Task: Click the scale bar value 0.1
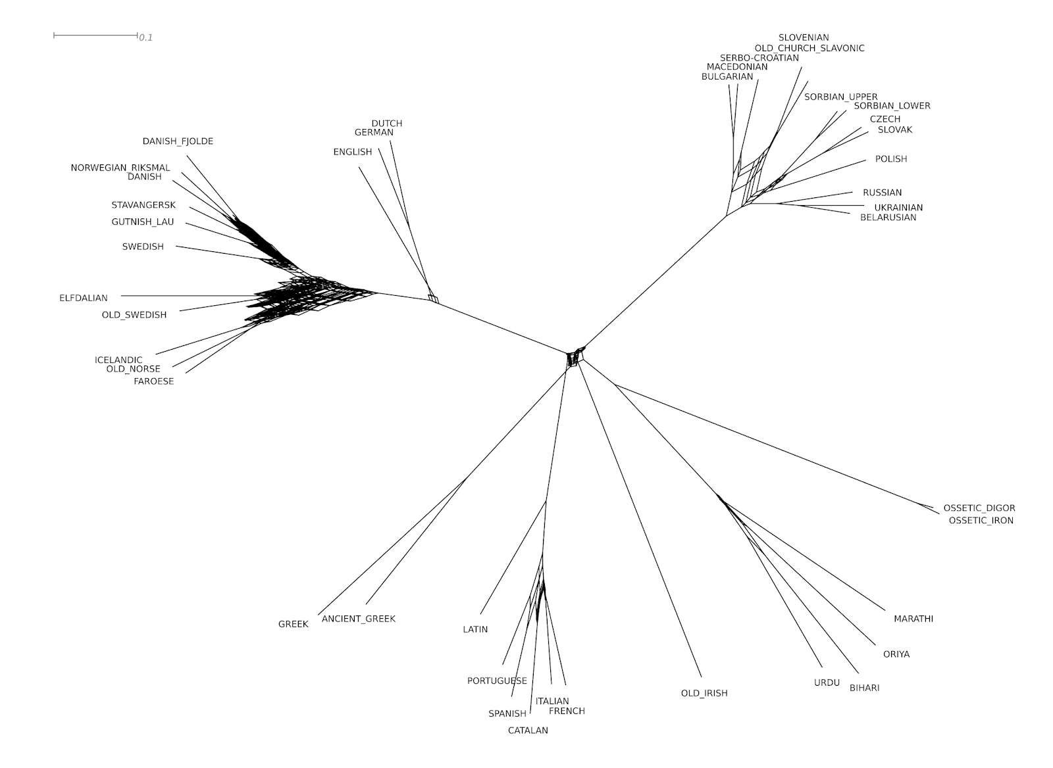(145, 37)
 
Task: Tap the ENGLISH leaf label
(353, 152)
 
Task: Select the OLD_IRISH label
(704, 693)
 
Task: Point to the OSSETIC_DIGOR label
(979, 508)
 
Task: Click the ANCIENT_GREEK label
(359, 619)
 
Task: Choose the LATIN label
(475, 629)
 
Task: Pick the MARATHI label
(913, 619)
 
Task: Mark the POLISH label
(891, 159)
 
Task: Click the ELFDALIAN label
(84, 298)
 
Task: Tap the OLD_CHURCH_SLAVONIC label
(809, 48)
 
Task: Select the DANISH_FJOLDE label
(178, 141)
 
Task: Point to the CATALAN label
(528, 730)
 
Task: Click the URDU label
(827, 683)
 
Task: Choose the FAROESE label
(154, 381)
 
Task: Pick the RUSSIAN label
(883, 193)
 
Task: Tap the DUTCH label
(387, 123)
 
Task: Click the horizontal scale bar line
(95, 34)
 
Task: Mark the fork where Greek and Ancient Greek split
(466, 479)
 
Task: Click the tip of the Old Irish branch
(702, 677)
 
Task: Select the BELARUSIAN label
(888, 218)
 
